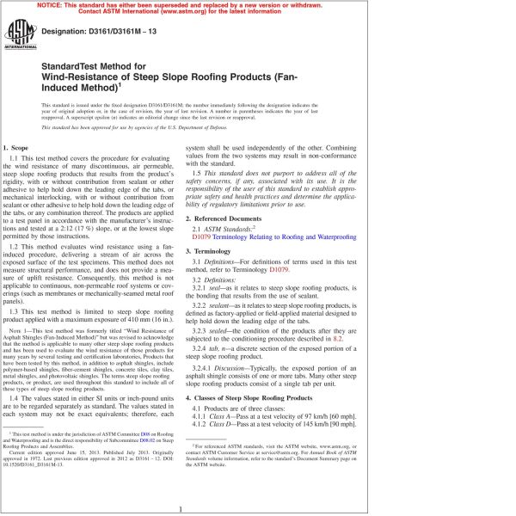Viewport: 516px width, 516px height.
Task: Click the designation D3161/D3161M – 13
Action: (99, 29)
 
